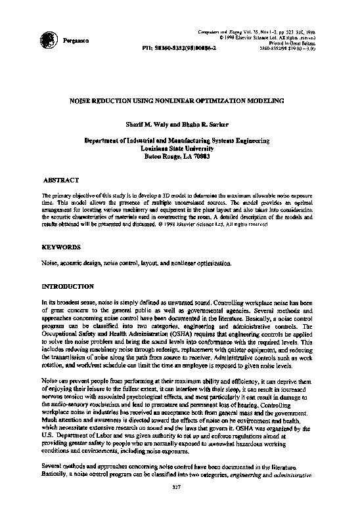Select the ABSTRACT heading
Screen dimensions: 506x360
click(x=60, y=179)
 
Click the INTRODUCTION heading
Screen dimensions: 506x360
click(x=68, y=287)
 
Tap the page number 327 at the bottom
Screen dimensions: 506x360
click(x=176, y=486)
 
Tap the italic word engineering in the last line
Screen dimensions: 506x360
click(x=253, y=473)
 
